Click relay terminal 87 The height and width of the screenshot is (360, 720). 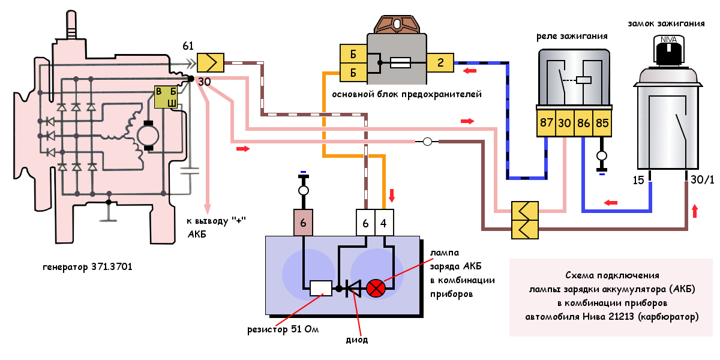coord(547,123)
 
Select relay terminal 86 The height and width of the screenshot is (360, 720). coord(584,123)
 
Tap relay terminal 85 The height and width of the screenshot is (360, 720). coord(602,123)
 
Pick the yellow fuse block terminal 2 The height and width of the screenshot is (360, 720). coord(440,61)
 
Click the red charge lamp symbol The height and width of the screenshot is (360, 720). coord(376,289)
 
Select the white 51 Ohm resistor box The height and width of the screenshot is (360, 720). coord(320,289)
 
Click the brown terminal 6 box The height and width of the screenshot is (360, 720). coord(303,223)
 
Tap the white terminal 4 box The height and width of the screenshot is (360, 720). coord(384,223)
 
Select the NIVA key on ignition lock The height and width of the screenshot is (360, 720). coord(667,50)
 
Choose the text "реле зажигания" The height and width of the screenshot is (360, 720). coord(572,36)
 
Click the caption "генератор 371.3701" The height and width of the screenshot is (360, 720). coord(88,266)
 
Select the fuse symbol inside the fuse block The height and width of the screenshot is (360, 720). coord(400,61)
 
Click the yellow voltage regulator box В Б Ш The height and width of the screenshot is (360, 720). coord(167,97)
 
